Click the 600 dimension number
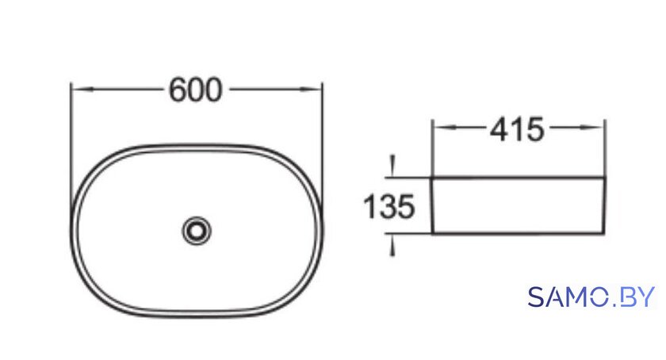(195, 90)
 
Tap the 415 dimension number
(517, 129)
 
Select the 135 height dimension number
(389, 207)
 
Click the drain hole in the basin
(197, 231)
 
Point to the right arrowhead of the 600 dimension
(311, 90)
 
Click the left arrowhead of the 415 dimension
(444, 127)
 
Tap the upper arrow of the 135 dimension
(393, 166)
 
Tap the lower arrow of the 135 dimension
(393, 245)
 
